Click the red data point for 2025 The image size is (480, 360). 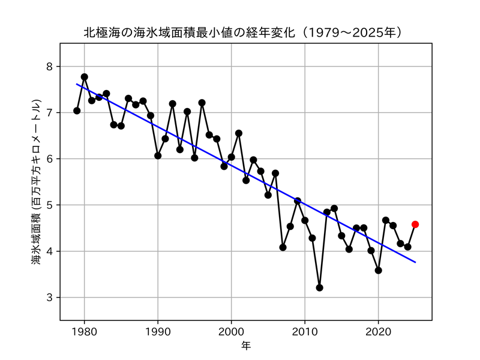pyautogui.click(x=415, y=224)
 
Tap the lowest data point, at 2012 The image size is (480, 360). pyautogui.click(x=319, y=288)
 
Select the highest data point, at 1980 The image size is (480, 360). pyautogui.click(x=84, y=77)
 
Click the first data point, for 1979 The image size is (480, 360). pyautogui.click(x=77, y=110)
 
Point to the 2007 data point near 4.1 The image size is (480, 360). pyautogui.click(x=283, y=247)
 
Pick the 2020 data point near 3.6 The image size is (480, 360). pyautogui.click(x=378, y=271)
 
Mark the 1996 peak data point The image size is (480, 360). pyautogui.click(x=202, y=103)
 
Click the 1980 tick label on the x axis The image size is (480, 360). pyautogui.click(x=84, y=331)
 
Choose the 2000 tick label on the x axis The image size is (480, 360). pyautogui.click(x=232, y=331)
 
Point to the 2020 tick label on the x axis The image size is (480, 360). pyautogui.click(x=379, y=331)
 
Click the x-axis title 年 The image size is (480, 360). pyautogui.click(x=246, y=346)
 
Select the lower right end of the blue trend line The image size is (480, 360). pyautogui.click(x=415, y=262)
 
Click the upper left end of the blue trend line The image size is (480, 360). pyautogui.click(x=77, y=84)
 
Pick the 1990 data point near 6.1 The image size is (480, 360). pyautogui.click(x=158, y=155)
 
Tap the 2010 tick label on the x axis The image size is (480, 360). pyautogui.click(x=305, y=331)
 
